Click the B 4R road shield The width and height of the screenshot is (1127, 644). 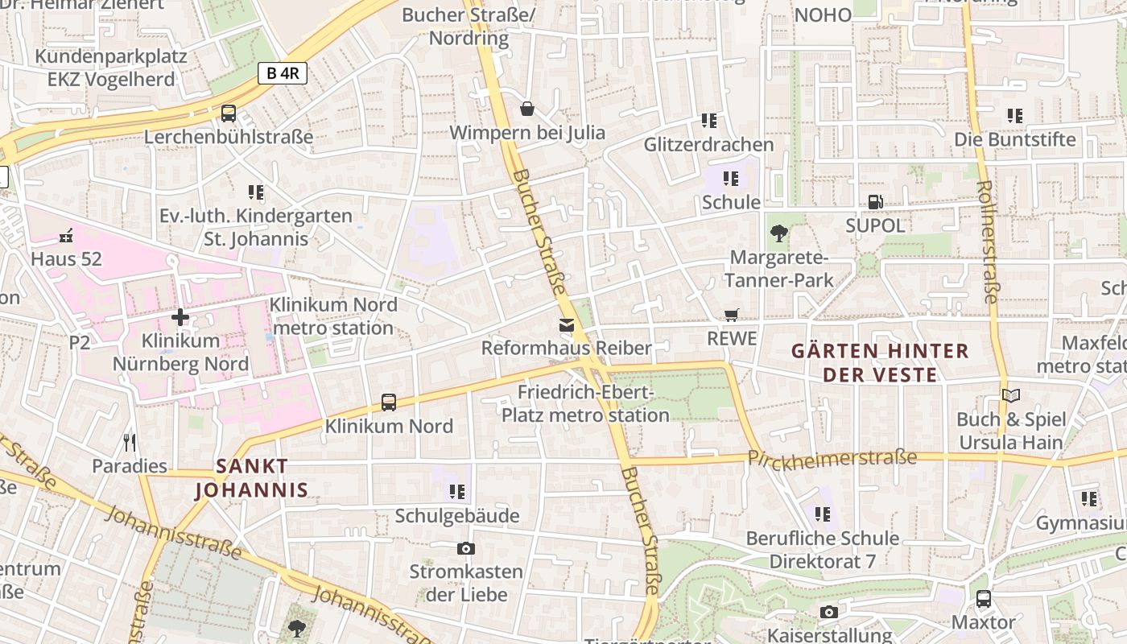tap(283, 73)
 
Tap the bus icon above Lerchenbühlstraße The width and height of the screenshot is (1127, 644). tap(229, 114)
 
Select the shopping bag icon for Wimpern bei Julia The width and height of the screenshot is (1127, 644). tap(527, 109)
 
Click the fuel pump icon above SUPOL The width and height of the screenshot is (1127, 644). tap(875, 202)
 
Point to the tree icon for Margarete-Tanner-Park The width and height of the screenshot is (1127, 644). tap(778, 233)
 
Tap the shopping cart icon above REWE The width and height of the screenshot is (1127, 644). tap(731, 315)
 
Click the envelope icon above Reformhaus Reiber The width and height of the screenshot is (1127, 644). tap(566, 325)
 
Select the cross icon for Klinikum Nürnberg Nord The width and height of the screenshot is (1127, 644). tap(180, 317)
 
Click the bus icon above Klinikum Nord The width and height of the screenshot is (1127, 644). tap(389, 402)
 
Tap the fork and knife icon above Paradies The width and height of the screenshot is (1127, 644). tap(130, 442)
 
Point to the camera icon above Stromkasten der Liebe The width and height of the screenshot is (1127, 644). tap(465, 549)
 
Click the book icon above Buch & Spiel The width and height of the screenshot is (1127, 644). tap(1010, 395)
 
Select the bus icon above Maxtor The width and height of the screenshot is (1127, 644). tap(983, 599)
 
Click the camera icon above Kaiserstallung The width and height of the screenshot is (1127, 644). tap(828, 613)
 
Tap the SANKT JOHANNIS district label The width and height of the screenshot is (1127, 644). tap(252, 477)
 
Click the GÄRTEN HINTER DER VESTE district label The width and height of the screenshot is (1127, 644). tap(880, 362)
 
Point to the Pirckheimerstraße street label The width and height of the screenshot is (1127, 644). tap(832, 458)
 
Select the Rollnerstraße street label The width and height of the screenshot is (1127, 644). tap(986, 241)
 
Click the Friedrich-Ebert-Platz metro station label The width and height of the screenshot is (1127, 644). tap(585, 403)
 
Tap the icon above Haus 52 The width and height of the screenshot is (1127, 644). tap(66, 236)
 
